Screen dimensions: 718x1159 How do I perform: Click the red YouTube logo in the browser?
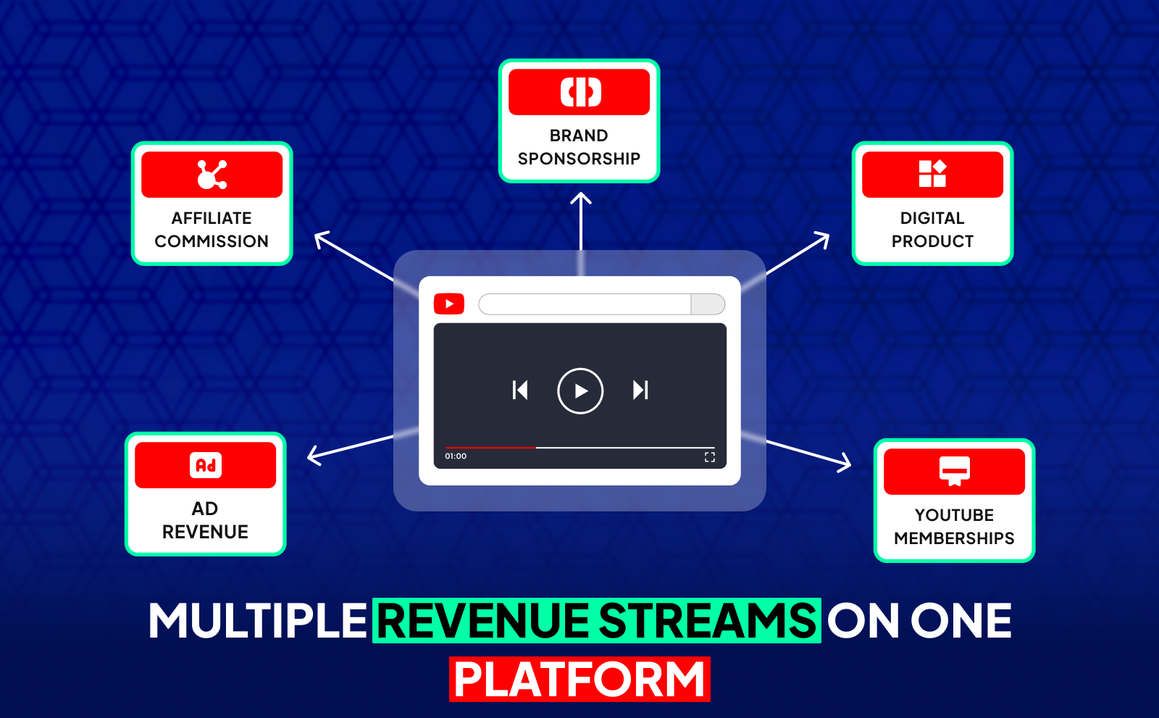tap(449, 304)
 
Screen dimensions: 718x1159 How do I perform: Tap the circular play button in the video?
tap(580, 391)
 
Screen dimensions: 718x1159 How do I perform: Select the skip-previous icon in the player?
tap(520, 391)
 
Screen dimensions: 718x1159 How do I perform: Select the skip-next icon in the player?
tap(640, 391)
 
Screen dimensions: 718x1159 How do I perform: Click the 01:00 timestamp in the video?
tap(456, 456)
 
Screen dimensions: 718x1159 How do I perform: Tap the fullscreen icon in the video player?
tap(710, 456)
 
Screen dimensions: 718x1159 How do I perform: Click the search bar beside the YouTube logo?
tap(585, 304)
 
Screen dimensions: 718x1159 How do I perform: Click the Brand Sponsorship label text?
tap(579, 147)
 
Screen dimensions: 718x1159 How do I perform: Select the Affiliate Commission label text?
tap(212, 230)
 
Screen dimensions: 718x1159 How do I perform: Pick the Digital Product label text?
tap(932, 230)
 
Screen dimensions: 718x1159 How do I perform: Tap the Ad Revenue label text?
tap(205, 520)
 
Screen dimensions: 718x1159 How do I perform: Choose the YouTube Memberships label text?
tap(954, 527)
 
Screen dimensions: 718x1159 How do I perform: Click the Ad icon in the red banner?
tap(206, 465)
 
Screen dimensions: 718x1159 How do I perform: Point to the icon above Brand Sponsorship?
tap(580, 92)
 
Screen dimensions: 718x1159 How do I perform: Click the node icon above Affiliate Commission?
tap(212, 175)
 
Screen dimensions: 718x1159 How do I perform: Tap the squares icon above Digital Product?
tap(932, 174)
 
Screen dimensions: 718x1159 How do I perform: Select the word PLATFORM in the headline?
tap(579, 680)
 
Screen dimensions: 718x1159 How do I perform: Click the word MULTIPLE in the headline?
tap(258, 621)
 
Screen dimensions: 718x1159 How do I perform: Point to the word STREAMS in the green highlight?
tap(707, 621)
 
